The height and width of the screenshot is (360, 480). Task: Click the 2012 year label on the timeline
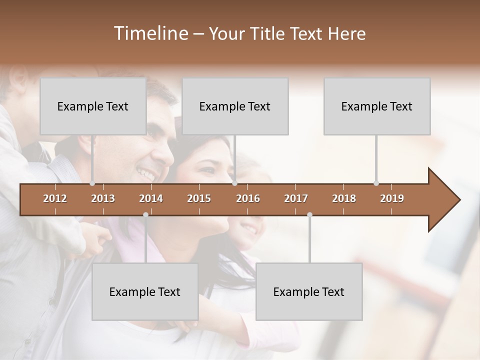pyautogui.click(x=55, y=198)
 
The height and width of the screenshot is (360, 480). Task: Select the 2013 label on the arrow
pyautogui.click(x=103, y=198)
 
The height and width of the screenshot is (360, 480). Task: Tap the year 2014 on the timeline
pyautogui.click(x=151, y=198)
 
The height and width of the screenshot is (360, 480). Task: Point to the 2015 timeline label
pyautogui.click(x=199, y=198)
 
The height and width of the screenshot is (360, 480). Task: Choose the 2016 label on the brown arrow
pyautogui.click(x=248, y=198)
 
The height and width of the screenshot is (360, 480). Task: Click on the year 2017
pyautogui.click(x=296, y=198)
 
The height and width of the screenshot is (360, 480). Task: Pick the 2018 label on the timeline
pyautogui.click(x=344, y=198)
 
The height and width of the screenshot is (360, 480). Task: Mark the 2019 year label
pyautogui.click(x=392, y=198)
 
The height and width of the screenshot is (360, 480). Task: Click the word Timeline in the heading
pyautogui.click(x=150, y=33)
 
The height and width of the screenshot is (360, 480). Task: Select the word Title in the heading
pyautogui.click(x=268, y=33)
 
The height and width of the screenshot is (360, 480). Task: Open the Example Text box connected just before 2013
pyautogui.click(x=93, y=106)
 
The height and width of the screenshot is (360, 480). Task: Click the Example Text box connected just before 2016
pyautogui.click(x=235, y=106)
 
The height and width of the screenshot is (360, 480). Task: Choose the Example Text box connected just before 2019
pyautogui.click(x=377, y=106)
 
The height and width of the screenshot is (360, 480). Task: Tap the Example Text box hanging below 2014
pyautogui.click(x=145, y=291)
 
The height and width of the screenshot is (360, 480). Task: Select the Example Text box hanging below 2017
pyautogui.click(x=309, y=291)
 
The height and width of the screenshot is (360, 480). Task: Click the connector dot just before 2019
pyautogui.click(x=376, y=183)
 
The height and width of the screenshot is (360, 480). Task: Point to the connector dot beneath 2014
pyautogui.click(x=145, y=214)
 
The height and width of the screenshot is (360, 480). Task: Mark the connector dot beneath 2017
pyautogui.click(x=309, y=214)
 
